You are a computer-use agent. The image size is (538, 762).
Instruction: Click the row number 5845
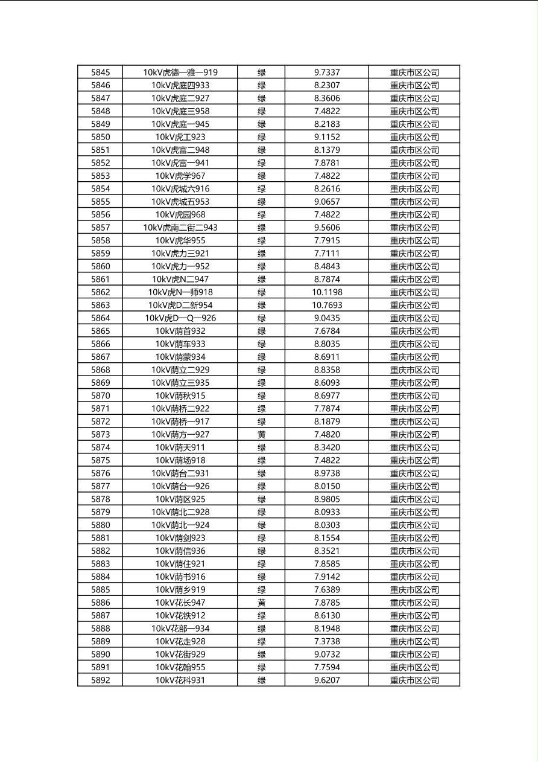tap(100, 72)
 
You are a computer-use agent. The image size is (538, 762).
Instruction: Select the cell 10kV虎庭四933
tap(180, 85)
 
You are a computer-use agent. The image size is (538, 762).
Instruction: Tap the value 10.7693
tap(327, 305)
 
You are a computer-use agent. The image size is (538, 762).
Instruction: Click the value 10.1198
tap(327, 292)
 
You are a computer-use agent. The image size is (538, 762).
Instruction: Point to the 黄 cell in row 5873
tap(261, 435)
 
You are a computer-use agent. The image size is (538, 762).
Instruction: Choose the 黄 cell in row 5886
tap(261, 603)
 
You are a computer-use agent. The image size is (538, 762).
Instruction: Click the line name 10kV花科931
tap(180, 680)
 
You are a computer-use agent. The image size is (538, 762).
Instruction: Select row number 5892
tap(100, 680)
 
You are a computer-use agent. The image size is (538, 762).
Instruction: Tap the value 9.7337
tap(327, 72)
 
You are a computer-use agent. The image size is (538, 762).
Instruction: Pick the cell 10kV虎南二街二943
tap(180, 228)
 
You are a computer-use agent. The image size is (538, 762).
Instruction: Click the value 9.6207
tap(327, 680)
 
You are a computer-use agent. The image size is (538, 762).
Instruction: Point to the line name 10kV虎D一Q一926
tap(180, 318)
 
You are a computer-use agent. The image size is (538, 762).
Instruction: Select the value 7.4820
tap(327, 435)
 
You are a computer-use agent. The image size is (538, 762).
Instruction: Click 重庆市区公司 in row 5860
tap(414, 266)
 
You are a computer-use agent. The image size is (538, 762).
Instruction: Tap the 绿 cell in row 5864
tap(261, 318)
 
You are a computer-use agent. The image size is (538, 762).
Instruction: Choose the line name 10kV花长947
tap(180, 603)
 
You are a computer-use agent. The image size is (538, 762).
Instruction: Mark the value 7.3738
tap(327, 641)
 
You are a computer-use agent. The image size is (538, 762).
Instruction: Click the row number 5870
tap(100, 395)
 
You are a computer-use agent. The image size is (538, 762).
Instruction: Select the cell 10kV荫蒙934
tap(180, 357)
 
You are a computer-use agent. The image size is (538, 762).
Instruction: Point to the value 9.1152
tap(327, 137)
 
